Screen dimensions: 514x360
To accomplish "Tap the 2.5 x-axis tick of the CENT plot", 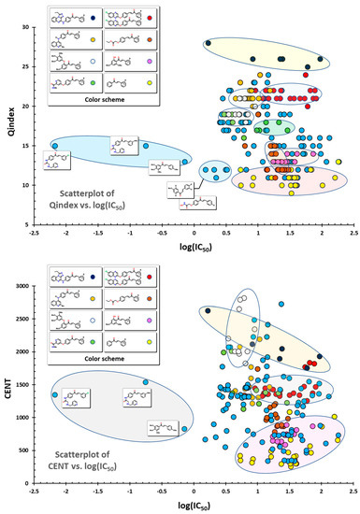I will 353,490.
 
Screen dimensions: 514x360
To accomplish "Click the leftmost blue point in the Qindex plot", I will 55,147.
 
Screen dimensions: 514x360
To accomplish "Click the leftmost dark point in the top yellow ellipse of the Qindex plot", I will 209,43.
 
